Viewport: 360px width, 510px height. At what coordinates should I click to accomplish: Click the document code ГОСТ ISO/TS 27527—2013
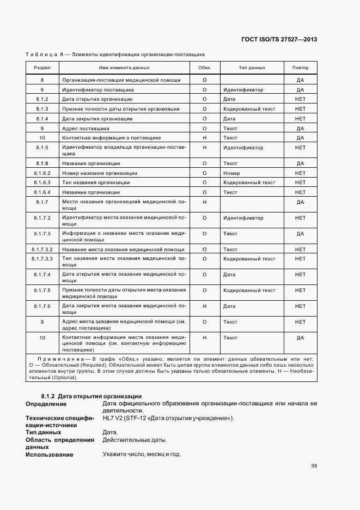click(x=278, y=39)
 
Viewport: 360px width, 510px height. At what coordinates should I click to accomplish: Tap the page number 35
click(x=314, y=465)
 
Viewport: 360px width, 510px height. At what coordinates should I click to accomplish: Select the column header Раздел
click(x=42, y=68)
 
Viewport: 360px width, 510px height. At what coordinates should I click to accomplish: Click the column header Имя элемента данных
click(x=124, y=68)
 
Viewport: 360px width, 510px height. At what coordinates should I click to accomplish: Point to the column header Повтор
click(x=300, y=68)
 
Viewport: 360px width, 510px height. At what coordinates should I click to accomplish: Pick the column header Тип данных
click(x=252, y=68)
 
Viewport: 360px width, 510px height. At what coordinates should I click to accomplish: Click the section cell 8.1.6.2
click(x=42, y=173)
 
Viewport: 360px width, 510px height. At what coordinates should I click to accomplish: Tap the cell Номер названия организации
click(x=100, y=173)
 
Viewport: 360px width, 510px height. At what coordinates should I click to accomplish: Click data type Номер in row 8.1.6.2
click(x=231, y=173)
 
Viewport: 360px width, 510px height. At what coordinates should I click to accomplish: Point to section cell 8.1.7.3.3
click(x=42, y=259)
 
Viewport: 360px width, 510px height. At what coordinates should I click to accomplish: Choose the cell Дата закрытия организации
click(x=97, y=118)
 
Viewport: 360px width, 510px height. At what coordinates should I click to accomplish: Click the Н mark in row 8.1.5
click(x=204, y=148)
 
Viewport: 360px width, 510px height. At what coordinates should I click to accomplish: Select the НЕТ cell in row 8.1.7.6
click(x=300, y=306)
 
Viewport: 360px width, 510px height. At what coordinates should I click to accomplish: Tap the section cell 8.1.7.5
click(x=42, y=290)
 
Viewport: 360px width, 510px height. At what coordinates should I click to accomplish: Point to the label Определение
click(x=46, y=404)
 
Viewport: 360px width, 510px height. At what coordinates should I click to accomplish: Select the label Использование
click(x=50, y=454)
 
